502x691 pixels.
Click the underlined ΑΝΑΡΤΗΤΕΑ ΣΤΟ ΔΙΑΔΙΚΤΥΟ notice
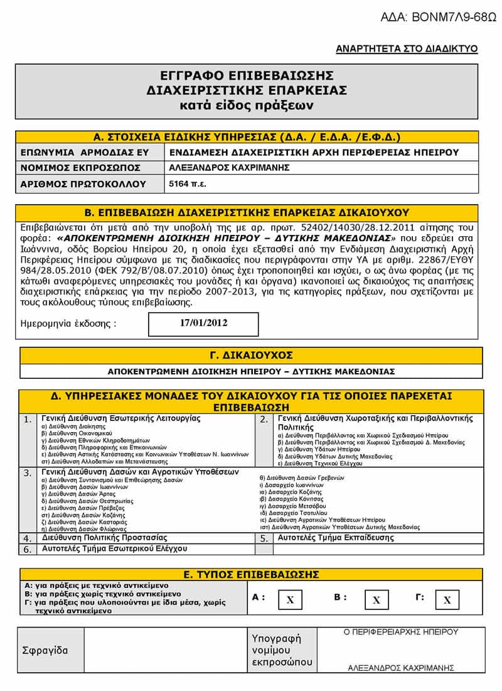pos(407,49)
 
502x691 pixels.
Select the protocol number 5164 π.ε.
pos(188,184)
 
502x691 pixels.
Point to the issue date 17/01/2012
pos(203,324)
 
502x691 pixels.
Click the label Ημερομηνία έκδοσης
pos(68,324)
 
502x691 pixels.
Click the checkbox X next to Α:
pos(290,600)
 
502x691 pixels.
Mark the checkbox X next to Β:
pos(376,600)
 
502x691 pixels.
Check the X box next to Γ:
pos(447,600)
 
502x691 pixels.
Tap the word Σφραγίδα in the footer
pos(45,650)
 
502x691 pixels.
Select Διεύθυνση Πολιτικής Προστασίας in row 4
pos(104,538)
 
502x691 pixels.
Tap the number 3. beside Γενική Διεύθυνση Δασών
pos(28,473)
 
